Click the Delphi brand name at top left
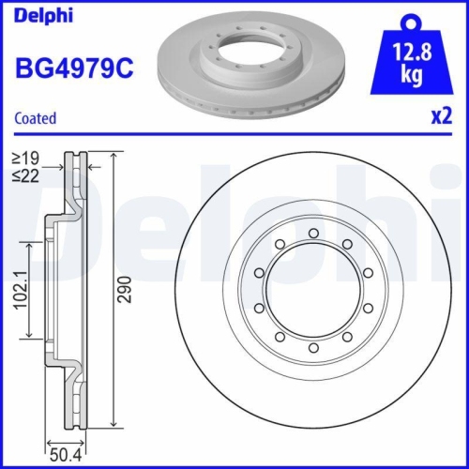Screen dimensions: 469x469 click(x=40, y=16)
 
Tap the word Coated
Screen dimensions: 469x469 click(x=35, y=118)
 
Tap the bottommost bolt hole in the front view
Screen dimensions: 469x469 click(x=313, y=349)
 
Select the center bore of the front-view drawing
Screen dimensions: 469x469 click(x=313, y=292)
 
